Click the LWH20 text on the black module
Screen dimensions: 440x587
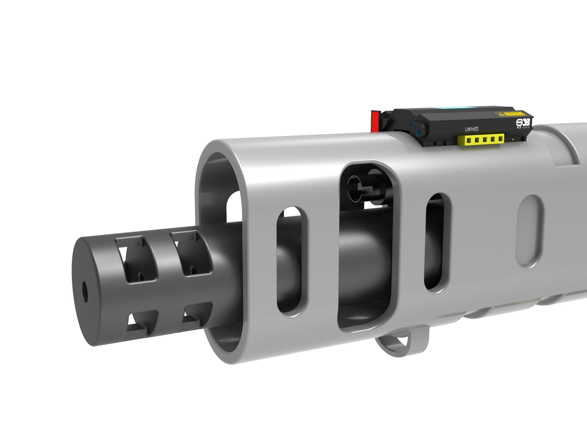[x=472, y=129]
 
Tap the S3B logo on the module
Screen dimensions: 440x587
[x=523, y=122]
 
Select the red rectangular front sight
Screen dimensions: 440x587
[x=375, y=121]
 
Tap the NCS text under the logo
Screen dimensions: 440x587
[x=519, y=128]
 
